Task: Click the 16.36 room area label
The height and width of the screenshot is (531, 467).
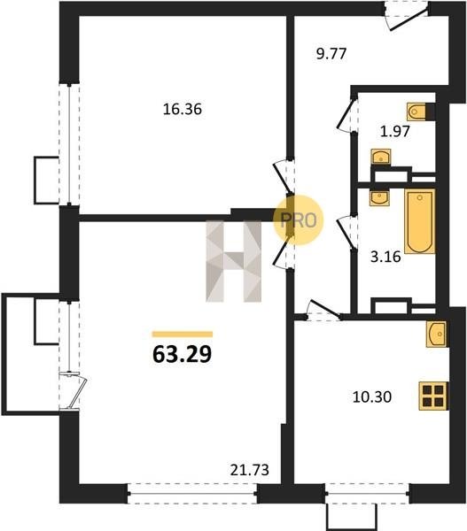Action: tap(183, 110)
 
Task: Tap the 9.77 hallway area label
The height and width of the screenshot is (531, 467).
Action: tap(331, 54)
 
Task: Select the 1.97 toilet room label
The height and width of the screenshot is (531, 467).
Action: tap(395, 131)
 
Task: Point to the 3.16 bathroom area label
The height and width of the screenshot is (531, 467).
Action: tap(385, 257)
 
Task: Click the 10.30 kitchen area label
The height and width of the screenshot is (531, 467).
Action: tap(372, 396)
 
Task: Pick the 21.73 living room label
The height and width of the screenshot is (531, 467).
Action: tap(250, 470)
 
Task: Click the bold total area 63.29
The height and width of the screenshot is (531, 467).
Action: tap(183, 355)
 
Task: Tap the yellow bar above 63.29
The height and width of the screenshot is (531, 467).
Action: tap(183, 335)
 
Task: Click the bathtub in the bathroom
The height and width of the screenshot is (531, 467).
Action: tap(420, 221)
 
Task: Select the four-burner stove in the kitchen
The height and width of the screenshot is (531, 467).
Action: tap(433, 396)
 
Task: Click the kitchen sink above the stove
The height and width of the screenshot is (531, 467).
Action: tap(437, 334)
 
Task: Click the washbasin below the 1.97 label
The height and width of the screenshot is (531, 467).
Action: tap(381, 158)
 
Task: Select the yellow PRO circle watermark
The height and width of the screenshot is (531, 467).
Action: tap(299, 220)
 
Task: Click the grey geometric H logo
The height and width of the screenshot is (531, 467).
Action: tap(234, 261)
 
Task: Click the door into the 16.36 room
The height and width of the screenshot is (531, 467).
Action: tap(284, 177)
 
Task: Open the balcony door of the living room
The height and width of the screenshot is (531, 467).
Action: tap(74, 391)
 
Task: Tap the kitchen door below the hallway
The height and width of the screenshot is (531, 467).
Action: tap(323, 310)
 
